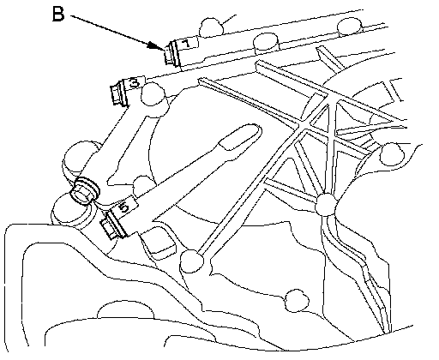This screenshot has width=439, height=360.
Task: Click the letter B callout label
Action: click(x=58, y=15)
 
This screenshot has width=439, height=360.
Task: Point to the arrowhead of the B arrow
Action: click(x=157, y=46)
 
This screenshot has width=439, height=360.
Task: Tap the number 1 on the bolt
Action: click(x=186, y=44)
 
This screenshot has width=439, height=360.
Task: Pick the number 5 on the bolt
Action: click(x=124, y=207)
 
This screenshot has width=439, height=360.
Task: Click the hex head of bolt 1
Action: click(x=169, y=56)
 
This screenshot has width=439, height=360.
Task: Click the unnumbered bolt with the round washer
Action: click(x=84, y=190)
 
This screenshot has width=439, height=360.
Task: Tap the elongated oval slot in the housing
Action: click(x=240, y=136)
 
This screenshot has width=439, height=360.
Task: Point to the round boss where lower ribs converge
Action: click(x=327, y=204)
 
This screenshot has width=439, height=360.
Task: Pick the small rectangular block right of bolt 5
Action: click(x=159, y=243)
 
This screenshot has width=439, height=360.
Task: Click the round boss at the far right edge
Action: click(x=392, y=154)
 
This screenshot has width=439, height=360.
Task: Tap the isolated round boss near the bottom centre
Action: click(x=298, y=301)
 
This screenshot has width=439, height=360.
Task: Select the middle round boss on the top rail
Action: click(x=266, y=42)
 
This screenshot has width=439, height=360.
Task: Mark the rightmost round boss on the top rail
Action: click(x=350, y=27)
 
